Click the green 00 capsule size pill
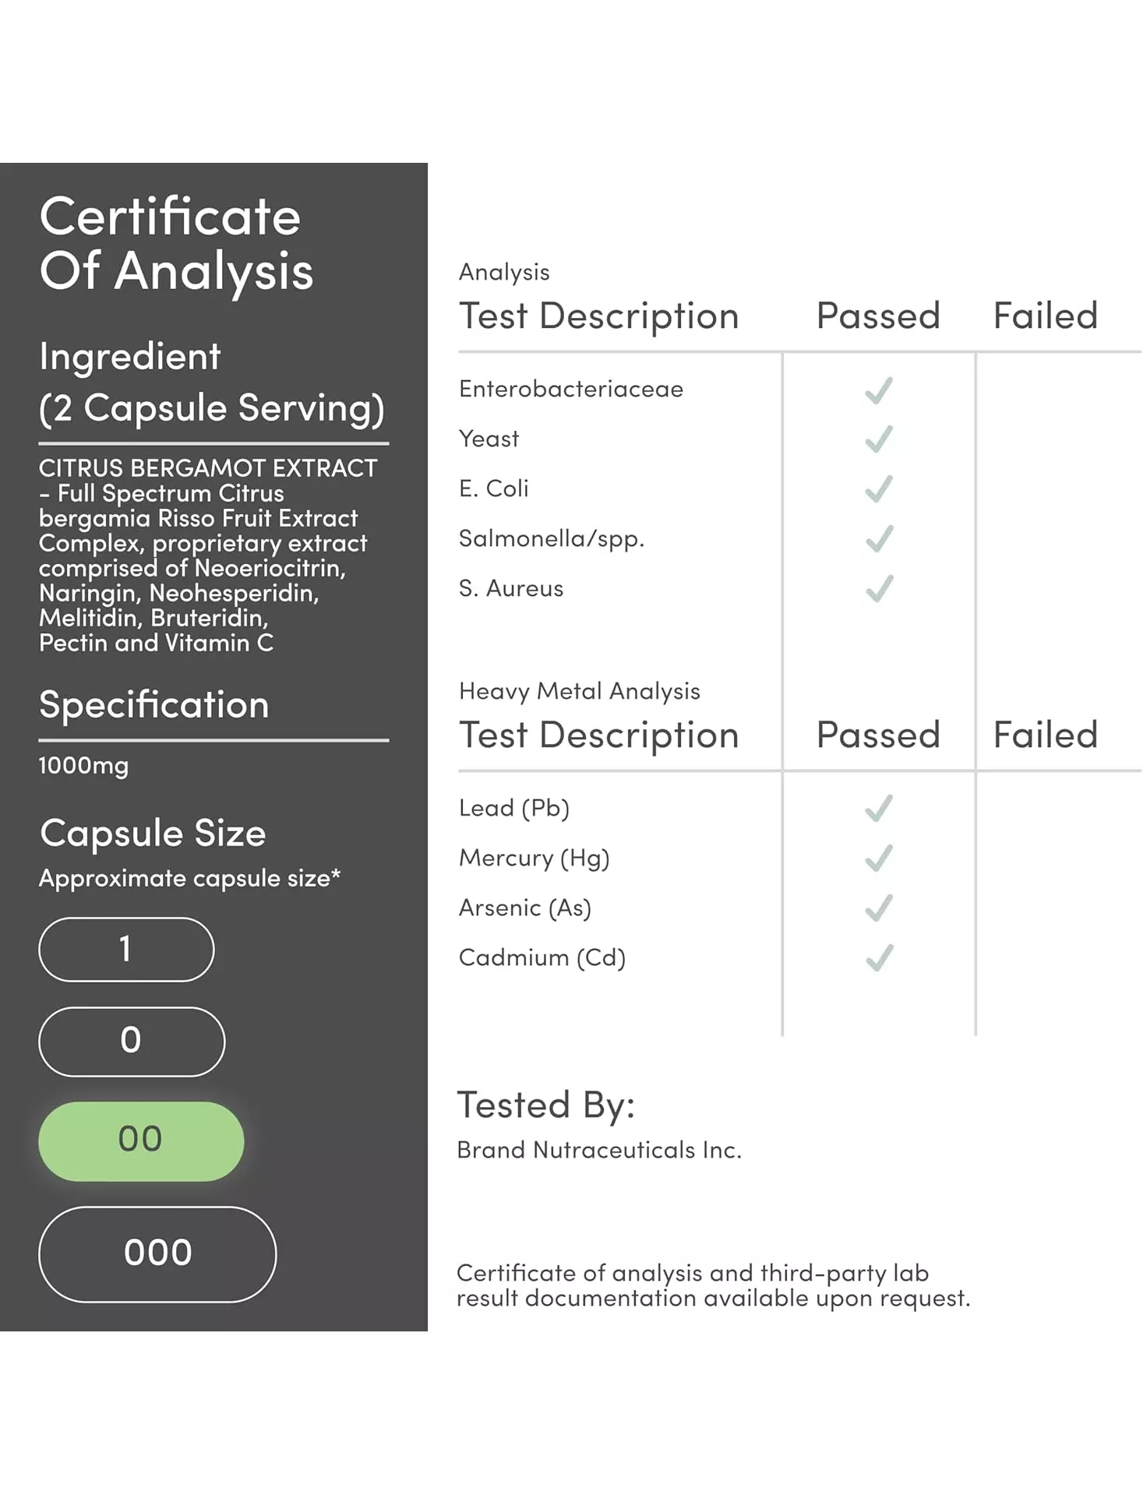[140, 1141]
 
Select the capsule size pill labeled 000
[157, 1253]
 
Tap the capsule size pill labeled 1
[126, 949]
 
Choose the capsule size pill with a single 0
[132, 1041]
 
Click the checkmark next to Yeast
[879, 439]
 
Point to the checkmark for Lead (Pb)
[879, 809]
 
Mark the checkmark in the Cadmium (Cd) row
[879, 958]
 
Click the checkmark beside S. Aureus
[879, 589]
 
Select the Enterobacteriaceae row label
[570, 389]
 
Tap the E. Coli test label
[493, 488]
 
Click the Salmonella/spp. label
[551, 538]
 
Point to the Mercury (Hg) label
[534, 858]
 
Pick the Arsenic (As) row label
[524, 908]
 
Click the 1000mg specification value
[83, 766]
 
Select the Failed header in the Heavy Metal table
[1045, 735]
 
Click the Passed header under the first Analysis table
[878, 316]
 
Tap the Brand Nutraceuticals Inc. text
[598, 1150]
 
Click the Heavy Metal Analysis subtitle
[579, 691]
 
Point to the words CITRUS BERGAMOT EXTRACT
[207, 468]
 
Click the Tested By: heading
[545, 1105]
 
